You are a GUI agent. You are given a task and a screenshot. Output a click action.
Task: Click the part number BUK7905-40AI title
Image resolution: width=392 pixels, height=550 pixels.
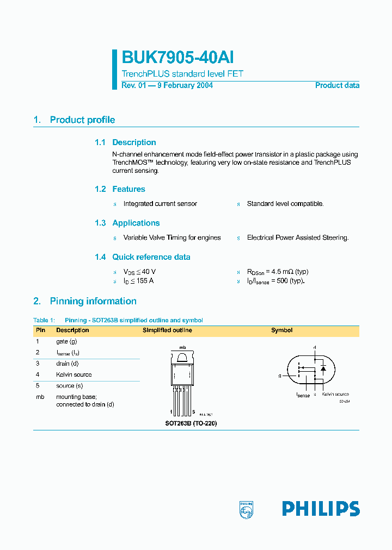point(177,58)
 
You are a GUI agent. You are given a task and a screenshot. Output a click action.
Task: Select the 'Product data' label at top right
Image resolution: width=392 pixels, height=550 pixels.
point(337,85)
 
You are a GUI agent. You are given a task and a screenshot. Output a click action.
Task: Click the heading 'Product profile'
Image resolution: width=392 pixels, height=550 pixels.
point(82,120)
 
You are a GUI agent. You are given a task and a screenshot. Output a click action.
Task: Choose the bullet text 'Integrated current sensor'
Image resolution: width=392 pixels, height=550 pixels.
point(160,204)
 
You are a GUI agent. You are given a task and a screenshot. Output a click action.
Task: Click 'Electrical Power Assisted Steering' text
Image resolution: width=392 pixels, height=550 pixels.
point(297,237)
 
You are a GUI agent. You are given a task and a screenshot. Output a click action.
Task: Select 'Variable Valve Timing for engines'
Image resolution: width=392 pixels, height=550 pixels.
point(172,237)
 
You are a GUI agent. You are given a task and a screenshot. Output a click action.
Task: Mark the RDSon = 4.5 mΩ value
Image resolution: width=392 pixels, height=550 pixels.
point(278,271)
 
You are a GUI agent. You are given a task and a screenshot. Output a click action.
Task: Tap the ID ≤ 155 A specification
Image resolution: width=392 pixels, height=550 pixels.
point(138,281)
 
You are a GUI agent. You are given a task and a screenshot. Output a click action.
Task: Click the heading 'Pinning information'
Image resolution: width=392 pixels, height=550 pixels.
point(93,301)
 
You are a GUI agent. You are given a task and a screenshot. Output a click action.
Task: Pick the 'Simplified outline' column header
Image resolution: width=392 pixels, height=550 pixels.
point(167,330)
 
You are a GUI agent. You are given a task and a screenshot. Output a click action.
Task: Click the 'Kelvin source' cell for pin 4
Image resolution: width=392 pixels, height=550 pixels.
point(73,374)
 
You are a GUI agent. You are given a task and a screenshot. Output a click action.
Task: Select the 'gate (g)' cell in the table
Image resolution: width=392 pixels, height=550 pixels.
point(66,341)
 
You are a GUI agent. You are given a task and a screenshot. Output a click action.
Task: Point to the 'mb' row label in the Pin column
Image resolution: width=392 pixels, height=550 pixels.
point(39,397)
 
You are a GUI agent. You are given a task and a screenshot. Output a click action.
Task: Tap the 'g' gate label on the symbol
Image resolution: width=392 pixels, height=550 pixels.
point(280,376)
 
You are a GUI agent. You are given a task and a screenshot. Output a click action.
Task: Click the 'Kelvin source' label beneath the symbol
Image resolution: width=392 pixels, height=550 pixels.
point(335,394)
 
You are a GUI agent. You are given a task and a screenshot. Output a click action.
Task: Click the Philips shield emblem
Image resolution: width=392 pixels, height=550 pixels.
point(247,509)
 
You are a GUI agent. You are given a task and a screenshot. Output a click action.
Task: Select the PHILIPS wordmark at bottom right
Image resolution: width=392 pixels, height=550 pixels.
point(321,509)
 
